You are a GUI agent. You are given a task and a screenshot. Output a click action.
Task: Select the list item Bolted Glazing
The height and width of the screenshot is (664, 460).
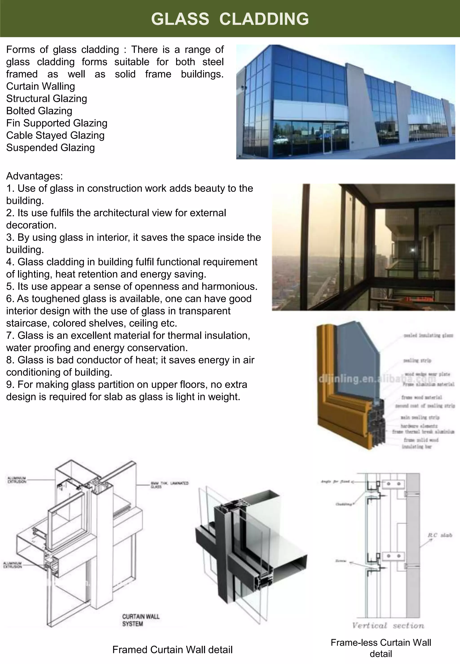39,111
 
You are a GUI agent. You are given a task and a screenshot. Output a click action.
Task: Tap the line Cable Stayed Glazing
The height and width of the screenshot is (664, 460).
55,135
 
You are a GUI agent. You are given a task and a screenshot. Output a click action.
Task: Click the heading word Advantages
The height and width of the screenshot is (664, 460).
34,176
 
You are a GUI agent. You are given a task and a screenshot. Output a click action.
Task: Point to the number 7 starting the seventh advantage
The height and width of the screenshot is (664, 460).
9,336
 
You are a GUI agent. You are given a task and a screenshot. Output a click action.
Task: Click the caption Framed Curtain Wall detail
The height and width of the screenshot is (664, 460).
172,650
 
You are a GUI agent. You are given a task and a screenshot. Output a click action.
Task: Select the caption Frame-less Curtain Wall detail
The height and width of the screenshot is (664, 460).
381,648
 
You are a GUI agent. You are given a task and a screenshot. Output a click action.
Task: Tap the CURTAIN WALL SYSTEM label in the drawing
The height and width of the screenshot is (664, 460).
140,620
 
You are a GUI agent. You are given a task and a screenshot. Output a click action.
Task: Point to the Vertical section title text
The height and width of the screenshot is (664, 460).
388,625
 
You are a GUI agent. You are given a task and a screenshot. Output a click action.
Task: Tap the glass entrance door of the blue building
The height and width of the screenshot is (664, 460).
327,138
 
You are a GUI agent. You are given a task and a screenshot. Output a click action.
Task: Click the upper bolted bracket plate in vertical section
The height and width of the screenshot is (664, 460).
393,484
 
